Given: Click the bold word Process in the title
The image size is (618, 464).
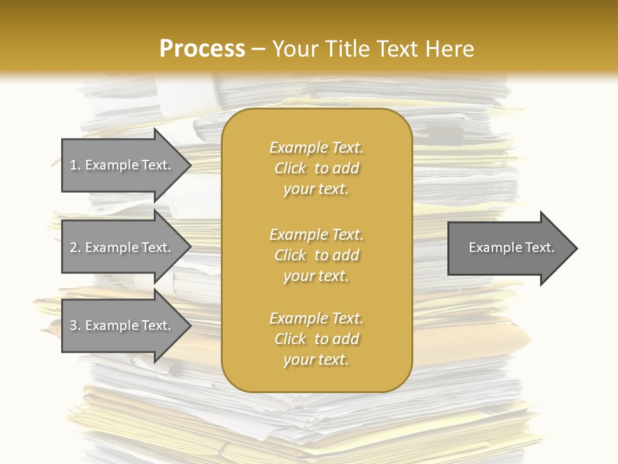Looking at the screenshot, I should click(202, 49).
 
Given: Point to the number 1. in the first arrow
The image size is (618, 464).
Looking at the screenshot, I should click(75, 165).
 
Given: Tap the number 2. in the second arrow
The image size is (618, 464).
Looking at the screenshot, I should click(75, 247).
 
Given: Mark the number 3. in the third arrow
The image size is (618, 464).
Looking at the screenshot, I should click(75, 325).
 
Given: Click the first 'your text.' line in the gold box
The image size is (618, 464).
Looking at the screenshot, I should click(316, 189).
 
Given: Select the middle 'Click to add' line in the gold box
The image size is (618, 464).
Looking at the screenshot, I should click(316, 255).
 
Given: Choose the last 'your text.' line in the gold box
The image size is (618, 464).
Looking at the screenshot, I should click(316, 360).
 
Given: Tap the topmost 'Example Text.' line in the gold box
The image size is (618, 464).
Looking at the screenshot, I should click(316, 148).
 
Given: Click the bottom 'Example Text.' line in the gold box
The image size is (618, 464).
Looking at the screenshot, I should click(316, 318).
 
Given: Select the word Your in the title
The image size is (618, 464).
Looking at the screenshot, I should click(295, 49).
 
